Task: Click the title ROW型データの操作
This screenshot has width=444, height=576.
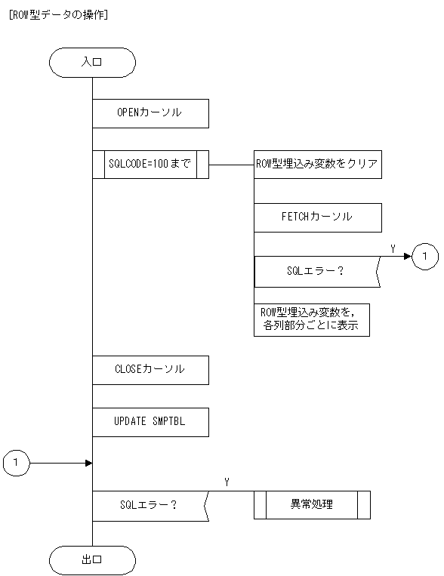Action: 57,13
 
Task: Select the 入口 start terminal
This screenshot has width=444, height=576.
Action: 92,63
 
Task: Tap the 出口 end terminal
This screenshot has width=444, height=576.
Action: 92,560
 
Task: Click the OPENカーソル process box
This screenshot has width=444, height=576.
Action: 150,112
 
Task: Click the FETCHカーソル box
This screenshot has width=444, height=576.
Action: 318,217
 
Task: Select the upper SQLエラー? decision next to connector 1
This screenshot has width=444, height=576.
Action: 316,271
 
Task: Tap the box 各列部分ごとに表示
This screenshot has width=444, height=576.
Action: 312,320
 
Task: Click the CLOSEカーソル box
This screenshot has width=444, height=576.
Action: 150,370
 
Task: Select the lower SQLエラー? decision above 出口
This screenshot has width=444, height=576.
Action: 149,505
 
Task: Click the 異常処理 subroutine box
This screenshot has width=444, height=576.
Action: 312,505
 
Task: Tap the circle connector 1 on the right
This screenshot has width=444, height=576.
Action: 425,257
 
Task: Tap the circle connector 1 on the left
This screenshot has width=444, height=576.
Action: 17,462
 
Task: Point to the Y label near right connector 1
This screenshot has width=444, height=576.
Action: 393,248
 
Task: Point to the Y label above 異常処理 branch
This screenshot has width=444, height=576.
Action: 227,482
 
